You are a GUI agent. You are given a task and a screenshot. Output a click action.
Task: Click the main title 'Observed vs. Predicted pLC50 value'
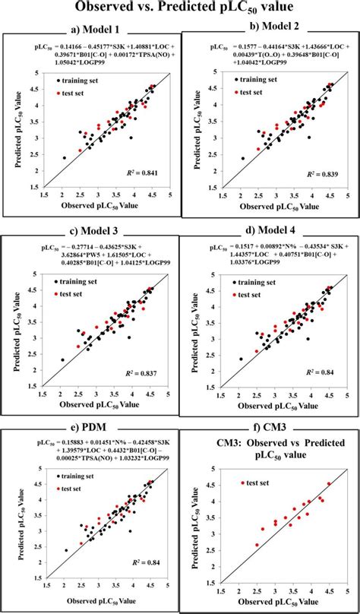point(180,8)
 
